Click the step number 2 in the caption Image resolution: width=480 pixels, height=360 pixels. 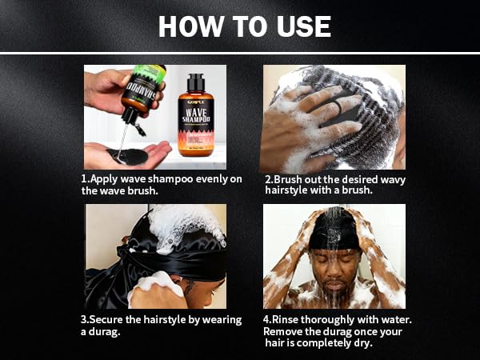[x=267, y=179]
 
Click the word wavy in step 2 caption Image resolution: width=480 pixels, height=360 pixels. [x=391, y=179]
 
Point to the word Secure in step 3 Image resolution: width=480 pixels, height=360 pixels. [x=110, y=320]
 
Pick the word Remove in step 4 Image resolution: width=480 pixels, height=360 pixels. [x=285, y=331]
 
